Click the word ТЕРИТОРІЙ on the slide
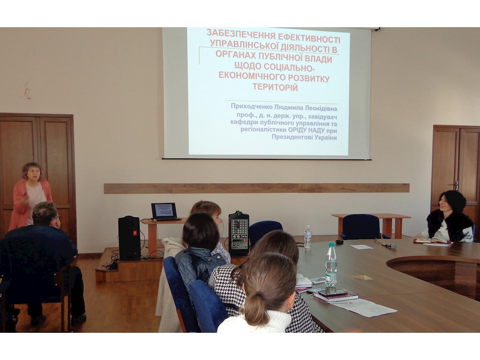tap(275, 88)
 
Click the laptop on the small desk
tap(165, 211)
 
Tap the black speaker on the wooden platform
tap(129, 238)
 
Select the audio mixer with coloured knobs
tap(239, 233)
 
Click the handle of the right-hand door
tap(456, 185)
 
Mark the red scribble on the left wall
tap(28, 90)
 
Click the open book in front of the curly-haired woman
tap(432, 241)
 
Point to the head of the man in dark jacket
tap(45, 214)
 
